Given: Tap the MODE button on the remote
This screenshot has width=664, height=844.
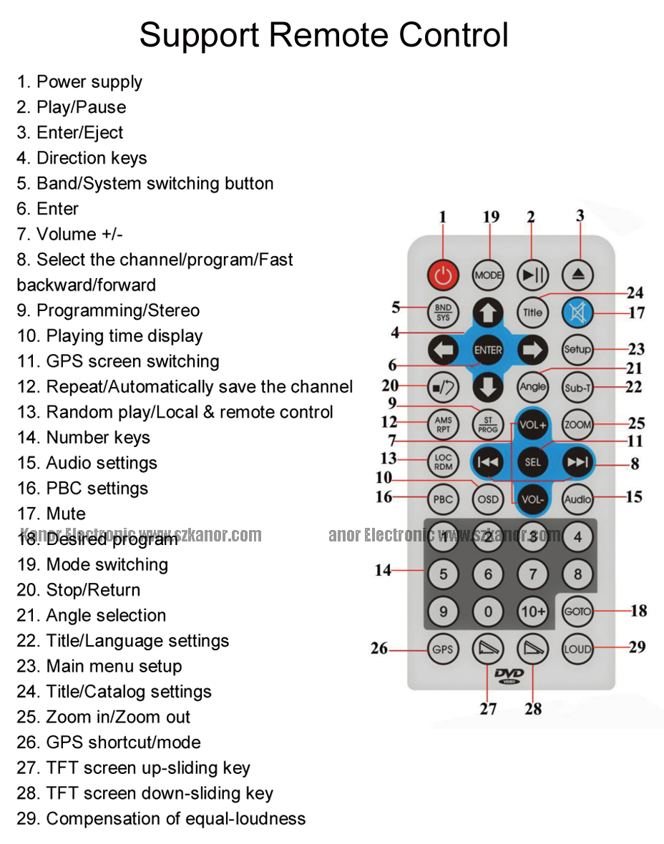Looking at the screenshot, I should click(489, 275).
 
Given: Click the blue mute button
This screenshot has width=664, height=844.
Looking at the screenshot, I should click(577, 312).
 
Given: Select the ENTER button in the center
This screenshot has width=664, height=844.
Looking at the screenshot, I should click(488, 350).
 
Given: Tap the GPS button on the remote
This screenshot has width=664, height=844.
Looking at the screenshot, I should click(443, 649).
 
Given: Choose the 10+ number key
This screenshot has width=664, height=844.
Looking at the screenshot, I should click(533, 612).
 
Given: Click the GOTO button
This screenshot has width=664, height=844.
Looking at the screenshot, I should click(577, 612).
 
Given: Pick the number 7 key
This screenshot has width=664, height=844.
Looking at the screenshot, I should click(533, 574).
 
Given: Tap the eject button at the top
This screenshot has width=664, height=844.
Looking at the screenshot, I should click(577, 275).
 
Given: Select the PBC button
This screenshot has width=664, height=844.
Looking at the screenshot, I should click(443, 499).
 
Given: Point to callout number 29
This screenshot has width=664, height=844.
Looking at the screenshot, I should click(637, 647).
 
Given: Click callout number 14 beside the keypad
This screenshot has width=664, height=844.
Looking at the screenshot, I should click(384, 570).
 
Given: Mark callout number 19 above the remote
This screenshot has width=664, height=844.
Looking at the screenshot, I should click(491, 217).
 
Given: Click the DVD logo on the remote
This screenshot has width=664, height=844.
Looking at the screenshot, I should click(509, 675).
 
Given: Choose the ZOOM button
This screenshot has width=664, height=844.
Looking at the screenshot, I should click(577, 424).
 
